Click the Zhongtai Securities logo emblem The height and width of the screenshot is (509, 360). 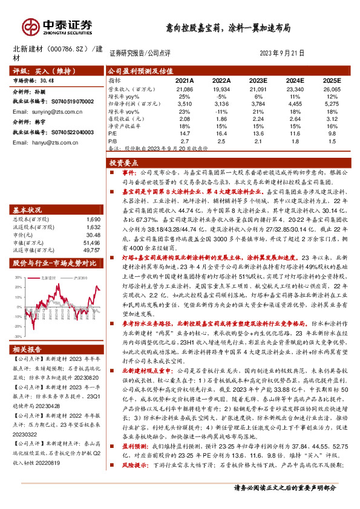tap(30, 25)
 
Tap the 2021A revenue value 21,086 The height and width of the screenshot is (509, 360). tap(184, 88)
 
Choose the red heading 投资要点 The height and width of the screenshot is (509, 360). tap(124, 163)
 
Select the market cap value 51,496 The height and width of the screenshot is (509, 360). tap(92, 241)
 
